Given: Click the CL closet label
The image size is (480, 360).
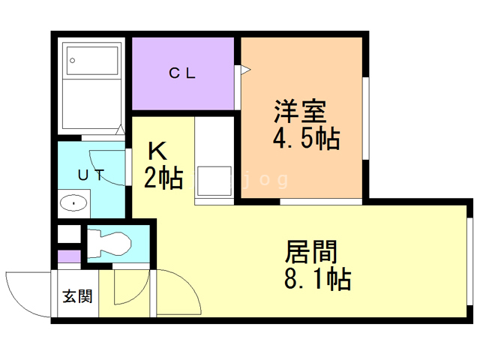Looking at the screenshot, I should tap(181, 73).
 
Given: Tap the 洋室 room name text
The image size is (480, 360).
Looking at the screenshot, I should tap(299, 112).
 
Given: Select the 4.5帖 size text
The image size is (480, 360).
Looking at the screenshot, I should tap(306, 139).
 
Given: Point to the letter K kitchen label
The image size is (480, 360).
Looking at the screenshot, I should tap(156, 151).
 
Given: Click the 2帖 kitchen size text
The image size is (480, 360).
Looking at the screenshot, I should tap(163, 178).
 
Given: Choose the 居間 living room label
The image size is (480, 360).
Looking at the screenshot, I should tap(310, 250).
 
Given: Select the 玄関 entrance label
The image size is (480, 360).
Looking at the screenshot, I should tap(77, 296).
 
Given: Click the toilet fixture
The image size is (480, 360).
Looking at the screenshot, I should tap(108, 243).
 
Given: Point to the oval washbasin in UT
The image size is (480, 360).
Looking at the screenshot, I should tap(73, 202).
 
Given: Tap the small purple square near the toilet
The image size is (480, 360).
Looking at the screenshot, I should tap(68, 257).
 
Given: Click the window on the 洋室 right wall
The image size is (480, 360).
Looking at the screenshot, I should tap(367, 120).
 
